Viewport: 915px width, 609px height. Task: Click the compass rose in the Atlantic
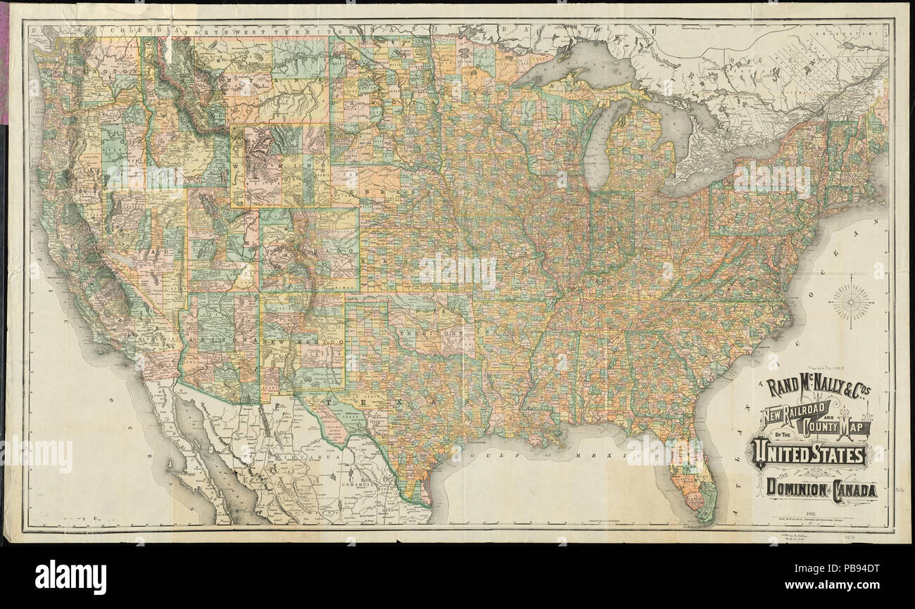(x=850, y=301)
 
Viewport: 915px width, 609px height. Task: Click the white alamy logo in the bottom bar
(x=71, y=577)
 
